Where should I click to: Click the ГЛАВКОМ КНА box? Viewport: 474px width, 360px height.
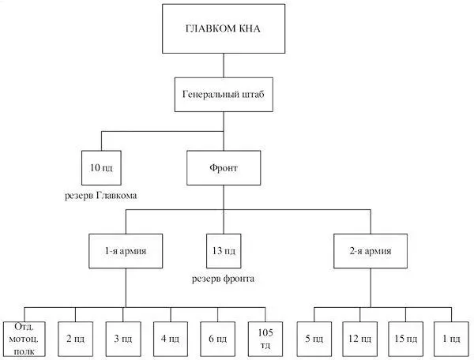click(x=223, y=30)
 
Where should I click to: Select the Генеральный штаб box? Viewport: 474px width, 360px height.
click(x=223, y=94)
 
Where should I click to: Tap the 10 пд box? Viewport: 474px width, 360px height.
click(x=101, y=168)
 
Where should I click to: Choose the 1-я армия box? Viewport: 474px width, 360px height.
click(x=126, y=252)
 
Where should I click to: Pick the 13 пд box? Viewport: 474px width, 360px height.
click(x=223, y=252)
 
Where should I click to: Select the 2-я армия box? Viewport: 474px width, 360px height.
click(x=370, y=252)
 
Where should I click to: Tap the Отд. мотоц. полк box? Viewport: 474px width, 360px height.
click(x=23, y=338)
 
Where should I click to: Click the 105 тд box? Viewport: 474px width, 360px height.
click(x=265, y=338)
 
